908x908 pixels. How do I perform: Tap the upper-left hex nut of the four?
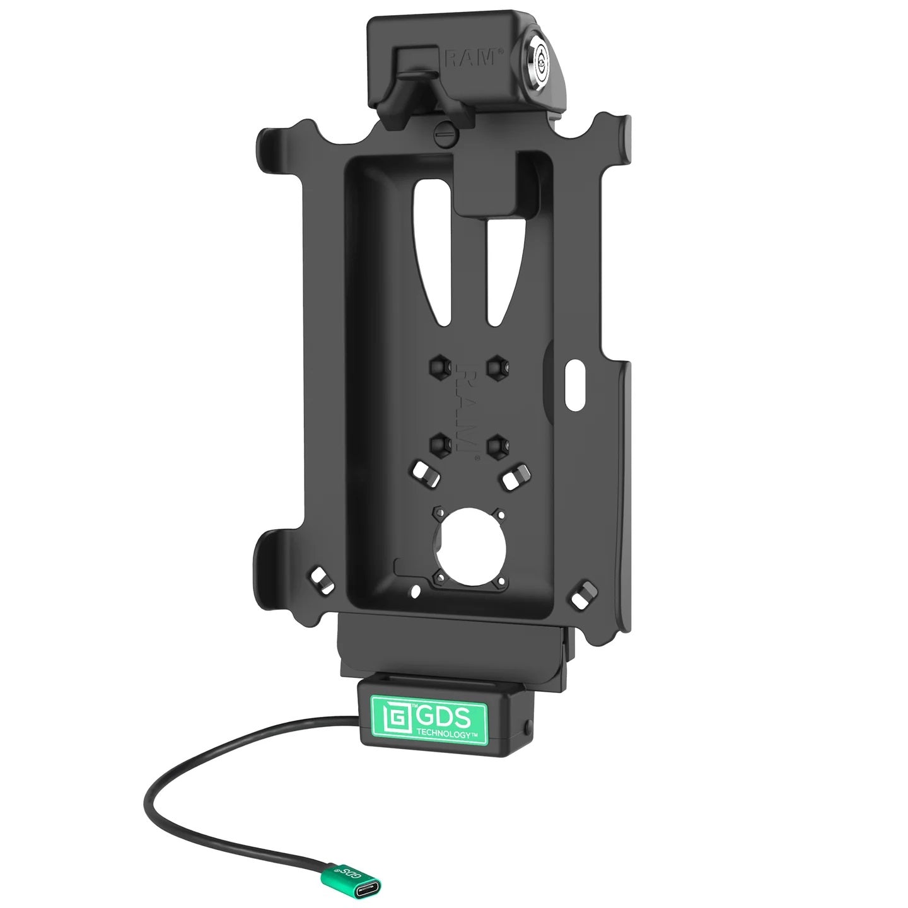click(x=439, y=365)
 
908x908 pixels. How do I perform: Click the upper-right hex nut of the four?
click(x=496, y=365)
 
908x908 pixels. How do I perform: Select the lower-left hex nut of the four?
click(x=439, y=444)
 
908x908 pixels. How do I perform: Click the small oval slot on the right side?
click(x=576, y=386)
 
